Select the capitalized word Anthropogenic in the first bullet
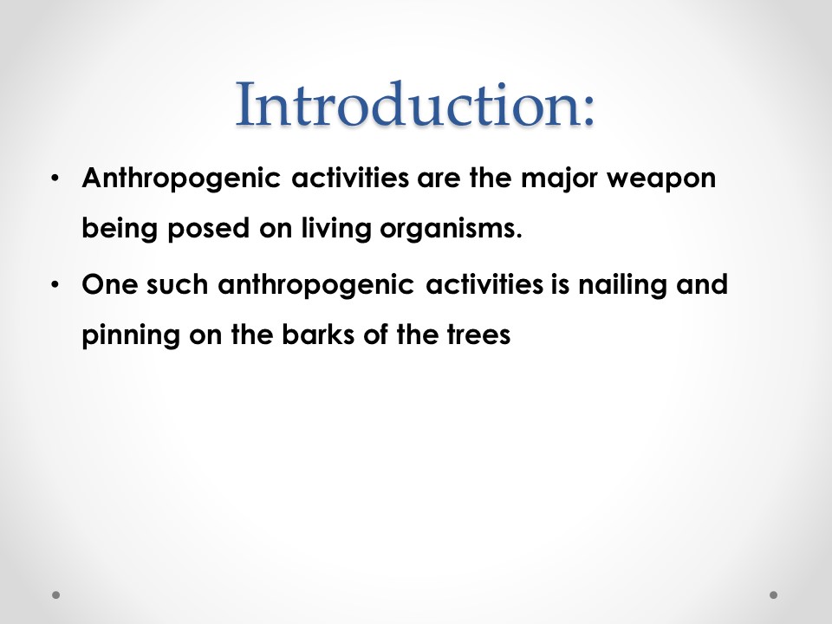[181, 179]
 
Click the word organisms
[451, 229]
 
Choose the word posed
[209, 229]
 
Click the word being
[120, 229]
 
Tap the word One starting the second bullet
[109, 284]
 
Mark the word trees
[479, 335]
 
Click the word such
[177, 284]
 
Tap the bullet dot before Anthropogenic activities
[55, 179]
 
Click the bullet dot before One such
[55, 285]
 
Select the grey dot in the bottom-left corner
[55, 595]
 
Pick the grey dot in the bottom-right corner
[774, 595]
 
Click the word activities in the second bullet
[484, 284]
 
